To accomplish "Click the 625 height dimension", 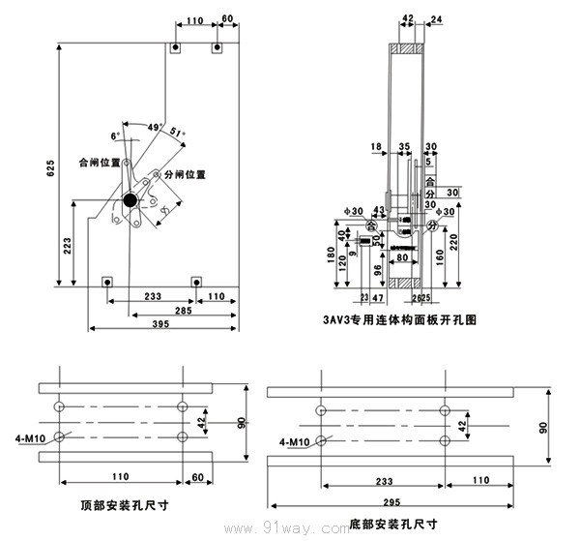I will point(51,166).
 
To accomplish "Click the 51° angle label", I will point(177,133).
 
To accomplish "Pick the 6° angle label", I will point(116,136).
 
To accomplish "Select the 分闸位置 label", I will point(186,175).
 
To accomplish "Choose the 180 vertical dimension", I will point(331,254).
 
